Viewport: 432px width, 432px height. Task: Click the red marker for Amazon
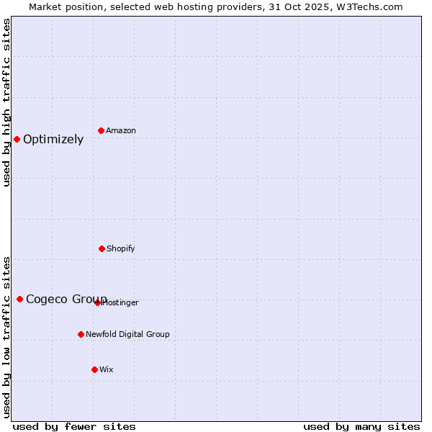[x=102, y=130]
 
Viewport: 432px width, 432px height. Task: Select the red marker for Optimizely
[x=17, y=139]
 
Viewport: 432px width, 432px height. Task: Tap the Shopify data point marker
[x=102, y=248]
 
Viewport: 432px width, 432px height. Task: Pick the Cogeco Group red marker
[x=19, y=299]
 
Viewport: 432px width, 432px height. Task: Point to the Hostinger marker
[x=97, y=302]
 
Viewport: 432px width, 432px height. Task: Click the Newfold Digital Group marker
[x=81, y=334]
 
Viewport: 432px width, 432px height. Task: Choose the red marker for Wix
[x=94, y=369]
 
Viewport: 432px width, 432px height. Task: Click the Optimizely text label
[x=53, y=140]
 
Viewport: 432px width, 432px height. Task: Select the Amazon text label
[x=121, y=131]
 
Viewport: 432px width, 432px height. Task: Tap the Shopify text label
[x=121, y=249]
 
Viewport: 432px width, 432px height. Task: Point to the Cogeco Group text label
[x=66, y=300]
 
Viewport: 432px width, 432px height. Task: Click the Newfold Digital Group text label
[x=127, y=335]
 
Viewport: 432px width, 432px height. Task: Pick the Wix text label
[x=107, y=370]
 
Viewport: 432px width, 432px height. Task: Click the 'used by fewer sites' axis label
[x=73, y=426]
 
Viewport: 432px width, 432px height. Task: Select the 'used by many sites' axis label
[x=361, y=426]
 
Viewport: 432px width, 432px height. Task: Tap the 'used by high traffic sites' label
[x=6, y=102]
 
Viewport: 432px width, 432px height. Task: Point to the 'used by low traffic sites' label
[x=6, y=336]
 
